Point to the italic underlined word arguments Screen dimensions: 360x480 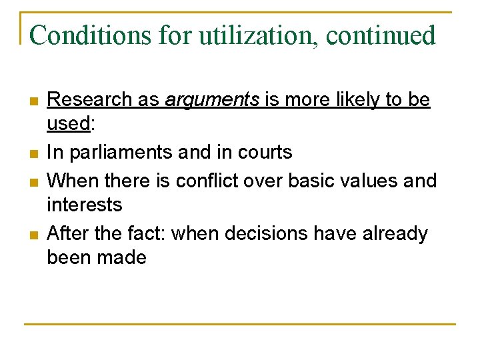211,100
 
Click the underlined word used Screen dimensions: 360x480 68,123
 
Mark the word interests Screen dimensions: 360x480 85,205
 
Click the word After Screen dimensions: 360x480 69,234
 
